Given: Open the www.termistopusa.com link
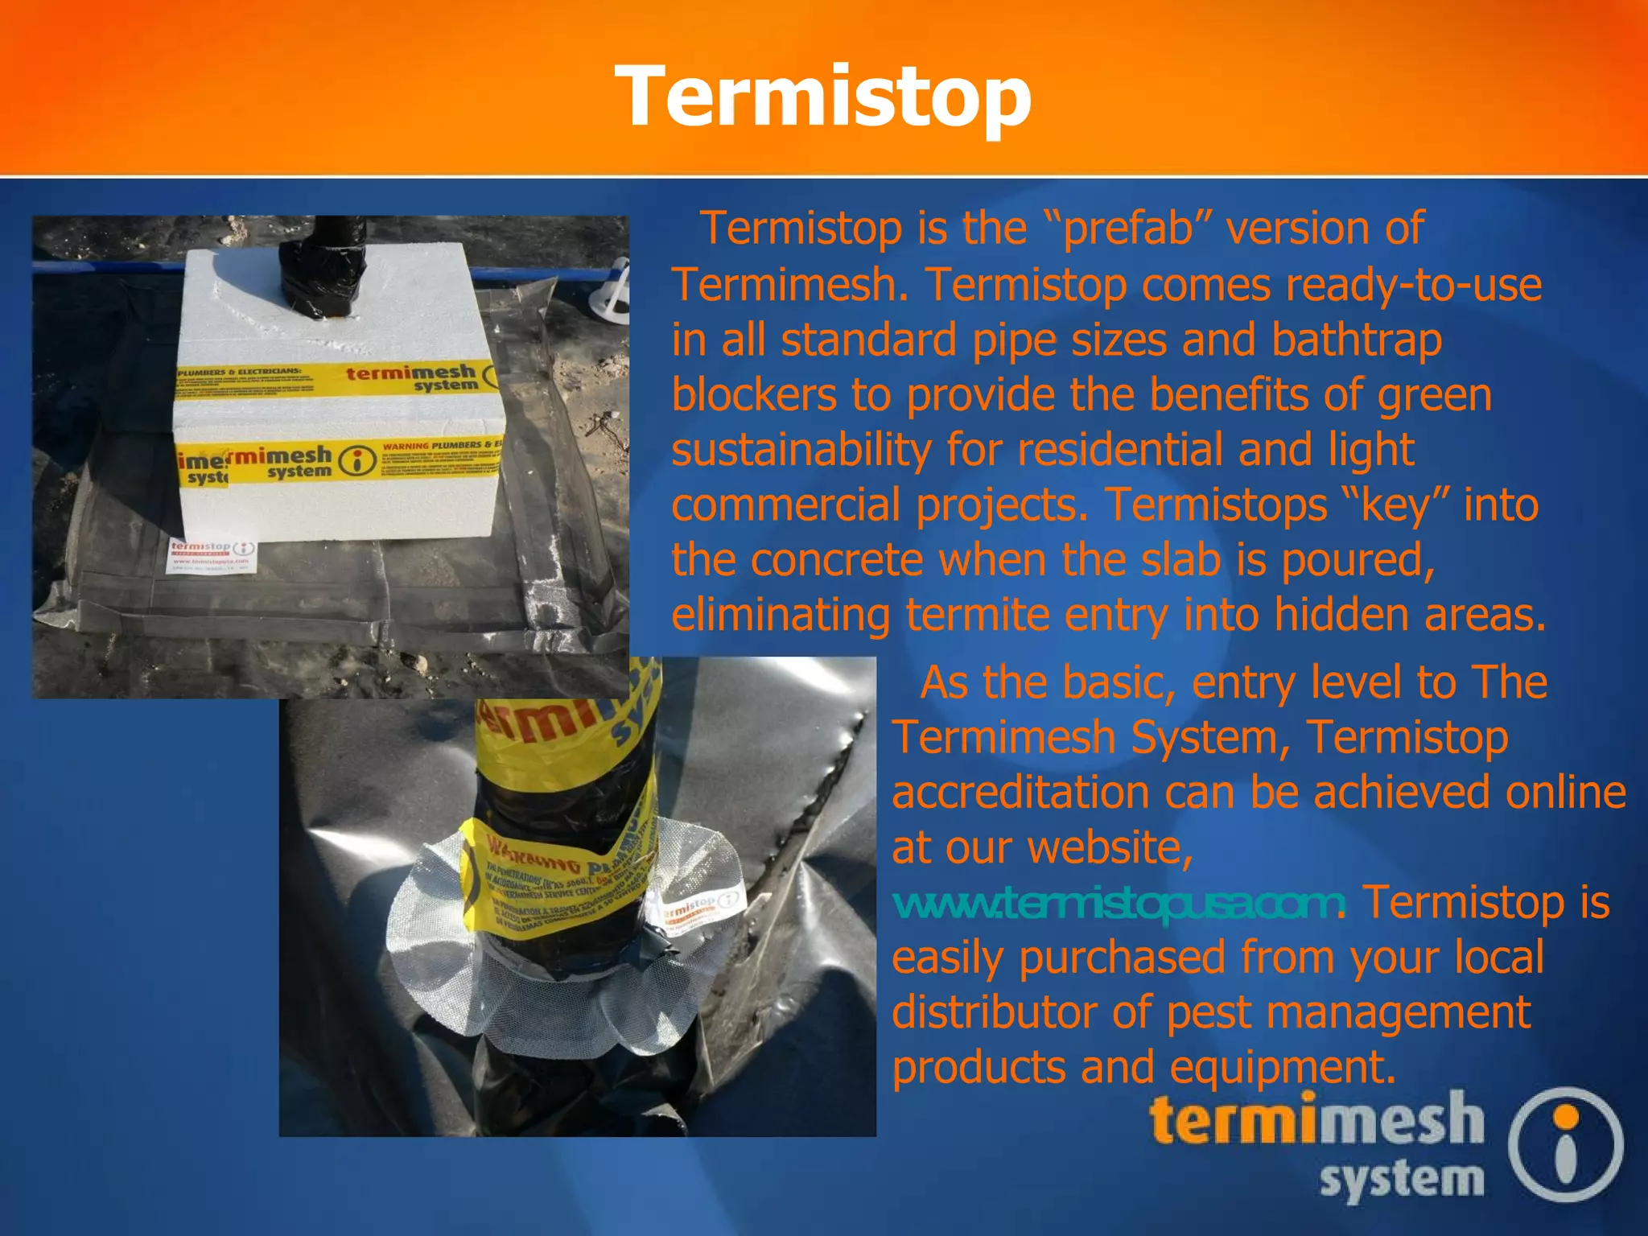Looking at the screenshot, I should point(1118,904).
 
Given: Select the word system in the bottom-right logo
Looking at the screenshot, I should point(1401,1180).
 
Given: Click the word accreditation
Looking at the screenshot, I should point(1020,793).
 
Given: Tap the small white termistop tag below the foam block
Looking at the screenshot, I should point(212,555).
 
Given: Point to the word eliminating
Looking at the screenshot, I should point(781,616).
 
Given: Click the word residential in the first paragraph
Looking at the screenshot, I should point(1114,450).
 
